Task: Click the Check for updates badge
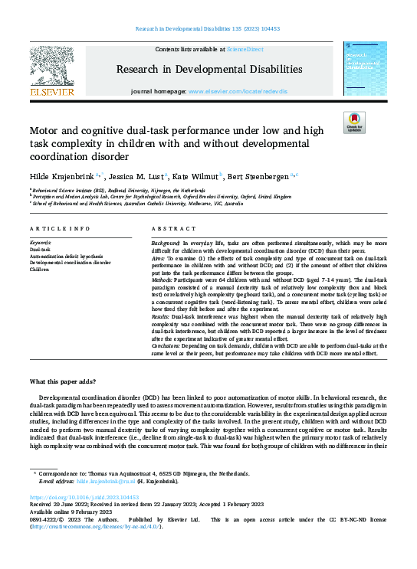tap(355, 123)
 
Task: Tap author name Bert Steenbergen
tap(258, 177)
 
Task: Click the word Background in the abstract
tap(166, 243)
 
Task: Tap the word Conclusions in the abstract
tap(169, 346)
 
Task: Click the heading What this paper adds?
tap(65, 381)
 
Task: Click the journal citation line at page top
tap(208, 28)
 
